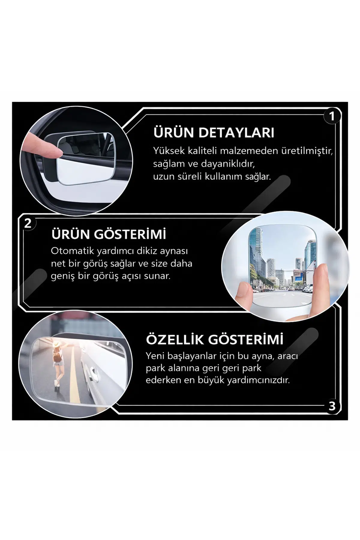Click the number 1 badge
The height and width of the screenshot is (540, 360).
point(332,116)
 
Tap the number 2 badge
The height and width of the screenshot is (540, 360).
point(28,223)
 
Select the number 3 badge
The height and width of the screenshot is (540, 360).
point(332,406)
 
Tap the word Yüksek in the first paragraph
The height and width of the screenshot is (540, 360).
point(169,151)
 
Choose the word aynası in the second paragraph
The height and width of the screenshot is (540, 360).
point(174,251)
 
